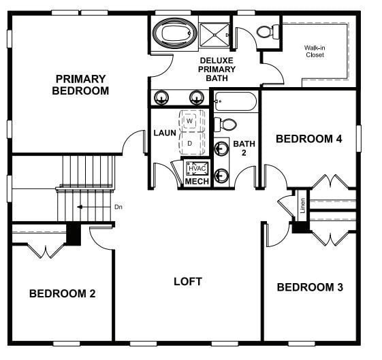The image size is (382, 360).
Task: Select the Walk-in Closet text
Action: click(x=314, y=51)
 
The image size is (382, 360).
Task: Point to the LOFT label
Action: click(x=187, y=281)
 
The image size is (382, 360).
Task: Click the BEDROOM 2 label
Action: click(x=62, y=293)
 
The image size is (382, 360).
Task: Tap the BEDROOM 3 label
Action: click(x=310, y=287)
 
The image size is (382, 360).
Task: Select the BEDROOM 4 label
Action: click(x=308, y=139)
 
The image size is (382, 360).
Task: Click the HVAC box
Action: click(x=197, y=167)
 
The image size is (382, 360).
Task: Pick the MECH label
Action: click(x=197, y=182)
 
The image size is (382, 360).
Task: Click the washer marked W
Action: click(x=191, y=120)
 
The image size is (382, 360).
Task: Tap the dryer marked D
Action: click(x=190, y=144)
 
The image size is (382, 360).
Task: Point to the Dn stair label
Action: click(x=118, y=207)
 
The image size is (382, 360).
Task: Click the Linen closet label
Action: click(x=302, y=206)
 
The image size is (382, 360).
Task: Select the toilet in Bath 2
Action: click(x=225, y=124)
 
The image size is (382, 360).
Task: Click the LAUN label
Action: click(x=165, y=133)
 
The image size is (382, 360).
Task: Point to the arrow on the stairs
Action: click(x=85, y=207)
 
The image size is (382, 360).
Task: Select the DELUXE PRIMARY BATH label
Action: click(x=217, y=69)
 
